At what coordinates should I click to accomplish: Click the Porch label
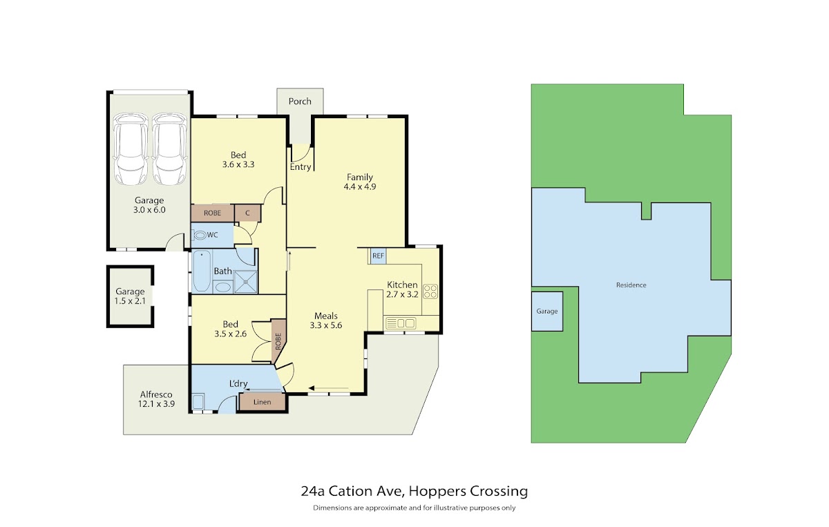[300, 101]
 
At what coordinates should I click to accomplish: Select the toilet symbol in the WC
[200, 235]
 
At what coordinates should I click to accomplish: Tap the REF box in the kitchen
[379, 256]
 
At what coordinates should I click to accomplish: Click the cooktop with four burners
[430, 291]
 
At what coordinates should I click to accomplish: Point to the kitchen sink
[401, 323]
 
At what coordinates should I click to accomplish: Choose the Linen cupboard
[262, 402]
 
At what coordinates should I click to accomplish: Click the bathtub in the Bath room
[202, 271]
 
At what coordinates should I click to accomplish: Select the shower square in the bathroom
[246, 282]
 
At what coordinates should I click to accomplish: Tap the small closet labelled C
[247, 213]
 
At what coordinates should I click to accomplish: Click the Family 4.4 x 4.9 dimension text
[360, 186]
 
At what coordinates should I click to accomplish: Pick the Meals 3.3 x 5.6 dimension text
[325, 325]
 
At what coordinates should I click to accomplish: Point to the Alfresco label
[156, 394]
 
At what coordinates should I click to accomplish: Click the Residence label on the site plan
[631, 285]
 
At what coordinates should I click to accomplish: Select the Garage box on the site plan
[547, 312]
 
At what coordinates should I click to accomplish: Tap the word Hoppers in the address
[437, 491]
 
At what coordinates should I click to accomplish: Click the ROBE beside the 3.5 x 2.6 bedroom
[278, 341]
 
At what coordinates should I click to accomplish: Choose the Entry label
[301, 167]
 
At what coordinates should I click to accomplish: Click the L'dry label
[238, 383]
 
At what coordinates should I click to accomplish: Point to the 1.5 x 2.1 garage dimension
[130, 301]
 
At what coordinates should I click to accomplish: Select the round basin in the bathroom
[222, 287]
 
